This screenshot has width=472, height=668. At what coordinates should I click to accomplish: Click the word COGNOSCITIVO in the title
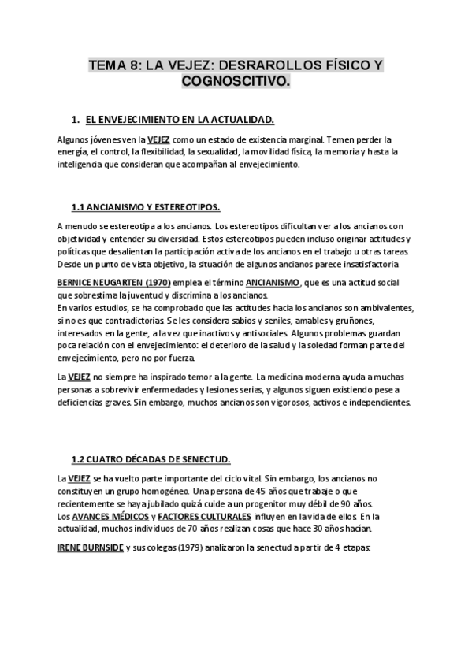(x=236, y=80)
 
